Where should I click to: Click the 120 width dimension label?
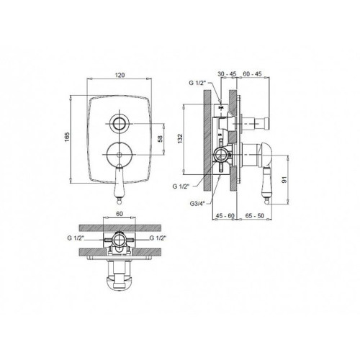pos(120,75)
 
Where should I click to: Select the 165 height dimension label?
pos(67,137)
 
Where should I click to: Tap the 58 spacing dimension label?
pos(160,138)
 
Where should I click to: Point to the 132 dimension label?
pos(180,139)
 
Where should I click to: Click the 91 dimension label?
pos(284,179)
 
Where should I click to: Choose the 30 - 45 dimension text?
pos(227,74)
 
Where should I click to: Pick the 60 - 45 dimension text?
pos(252,74)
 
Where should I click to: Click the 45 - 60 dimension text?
pos(225,216)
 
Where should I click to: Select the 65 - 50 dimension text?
pos(255,216)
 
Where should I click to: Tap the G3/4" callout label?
pos(197,204)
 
